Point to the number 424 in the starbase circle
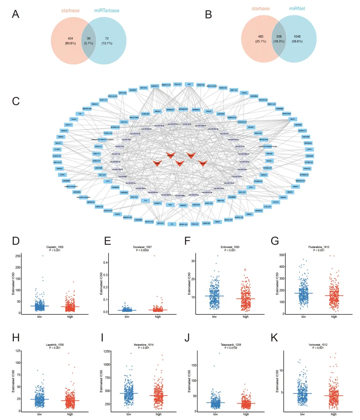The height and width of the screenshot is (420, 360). pos(71,38)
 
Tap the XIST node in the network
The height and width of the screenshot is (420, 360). pos(189,84)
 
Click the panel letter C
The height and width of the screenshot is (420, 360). pos(15,101)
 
